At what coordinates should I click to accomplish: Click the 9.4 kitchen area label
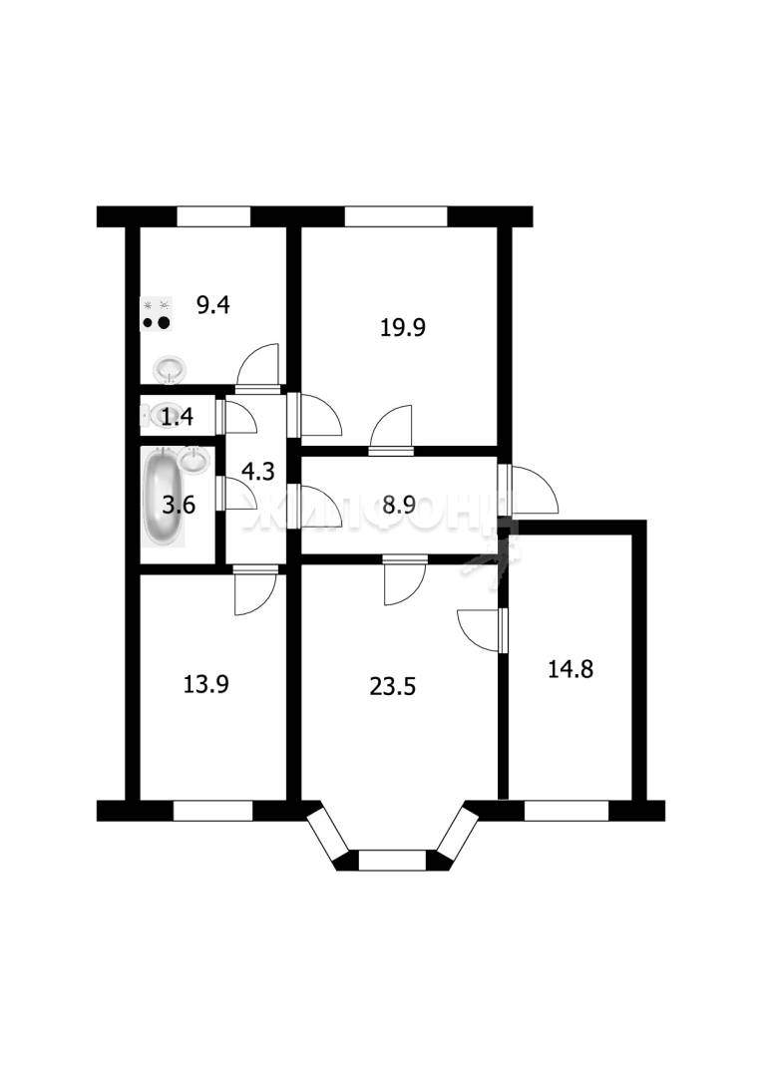[213, 304]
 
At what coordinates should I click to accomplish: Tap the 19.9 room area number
[403, 328]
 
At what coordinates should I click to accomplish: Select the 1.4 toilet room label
[177, 416]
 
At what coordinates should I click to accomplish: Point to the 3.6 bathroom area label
[179, 506]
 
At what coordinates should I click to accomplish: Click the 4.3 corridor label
[258, 471]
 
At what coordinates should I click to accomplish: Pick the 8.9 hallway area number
[400, 506]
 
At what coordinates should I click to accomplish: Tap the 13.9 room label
[206, 684]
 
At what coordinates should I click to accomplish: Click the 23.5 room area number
[393, 687]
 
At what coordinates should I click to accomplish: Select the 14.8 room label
[571, 668]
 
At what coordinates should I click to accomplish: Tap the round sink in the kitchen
[169, 370]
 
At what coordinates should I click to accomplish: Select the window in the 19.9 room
[396, 216]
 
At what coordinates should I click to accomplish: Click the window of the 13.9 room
[213, 811]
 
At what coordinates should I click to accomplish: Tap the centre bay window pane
[392, 860]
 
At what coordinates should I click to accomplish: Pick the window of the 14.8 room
[567, 811]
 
